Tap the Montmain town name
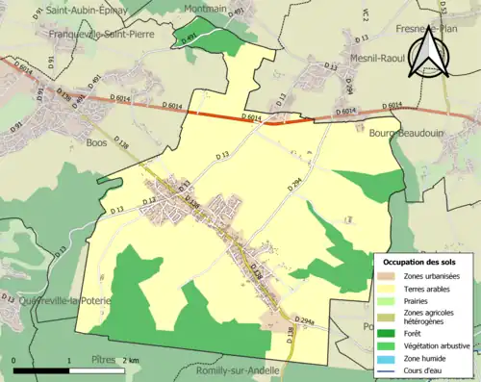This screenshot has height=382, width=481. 205,7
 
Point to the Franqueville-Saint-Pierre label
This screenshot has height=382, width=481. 76,42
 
